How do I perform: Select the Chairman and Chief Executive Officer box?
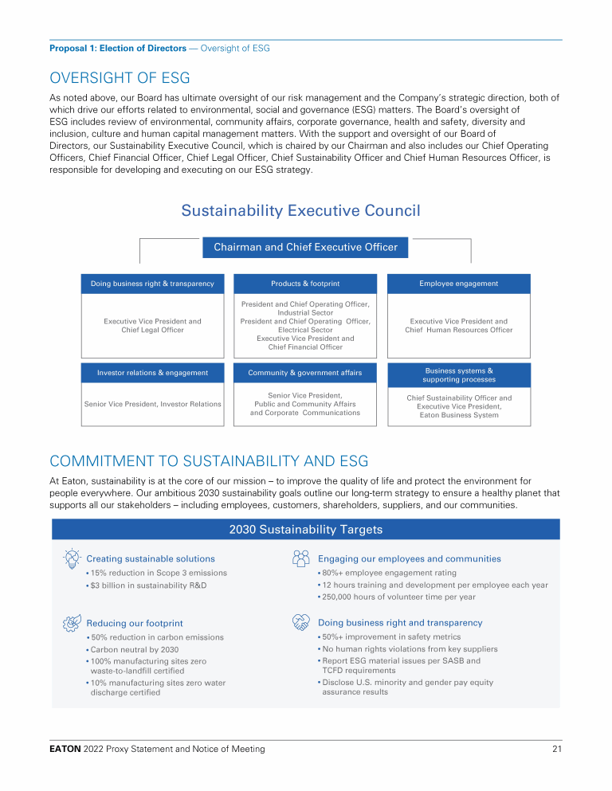[305, 247]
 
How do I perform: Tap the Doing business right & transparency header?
[152, 284]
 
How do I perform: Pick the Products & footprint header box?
[305, 284]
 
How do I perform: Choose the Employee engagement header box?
[458, 284]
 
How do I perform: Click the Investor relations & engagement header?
[152, 373]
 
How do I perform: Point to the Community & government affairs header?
[305, 373]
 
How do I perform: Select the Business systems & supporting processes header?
[458, 375]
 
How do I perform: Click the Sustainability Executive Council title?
[300, 210]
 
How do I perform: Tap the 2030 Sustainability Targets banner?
[305, 530]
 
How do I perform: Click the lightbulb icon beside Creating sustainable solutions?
[70, 558]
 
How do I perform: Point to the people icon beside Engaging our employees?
[301, 558]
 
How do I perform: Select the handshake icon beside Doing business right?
[301, 621]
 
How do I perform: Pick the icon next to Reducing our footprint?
[70, 622]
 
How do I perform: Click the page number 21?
[556, 749]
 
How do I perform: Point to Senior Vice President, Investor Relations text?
[152, 404]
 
